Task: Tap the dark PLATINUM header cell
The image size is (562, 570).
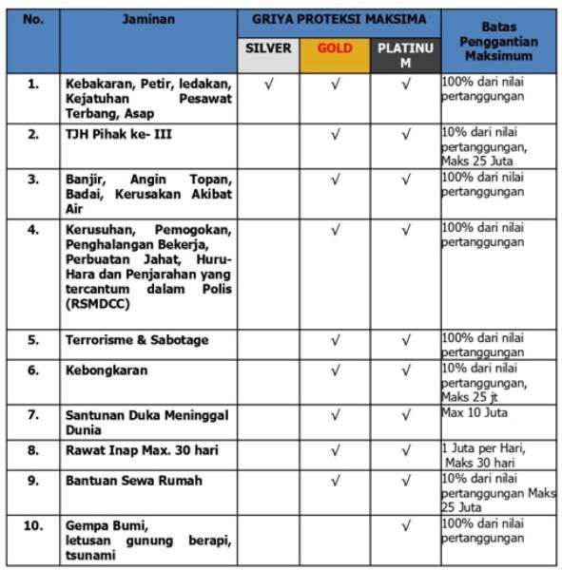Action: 405,54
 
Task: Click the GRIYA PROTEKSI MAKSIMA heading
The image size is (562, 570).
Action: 339,19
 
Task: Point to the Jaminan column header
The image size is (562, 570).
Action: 148,19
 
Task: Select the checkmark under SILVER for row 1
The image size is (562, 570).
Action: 269,85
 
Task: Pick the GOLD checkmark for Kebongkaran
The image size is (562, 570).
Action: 335,370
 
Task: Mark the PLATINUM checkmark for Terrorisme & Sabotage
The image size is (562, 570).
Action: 406,340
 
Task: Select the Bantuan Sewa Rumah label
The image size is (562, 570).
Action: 133,481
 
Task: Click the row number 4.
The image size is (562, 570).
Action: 33,230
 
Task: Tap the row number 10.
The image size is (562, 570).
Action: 33,524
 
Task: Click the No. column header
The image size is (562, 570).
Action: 33,19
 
